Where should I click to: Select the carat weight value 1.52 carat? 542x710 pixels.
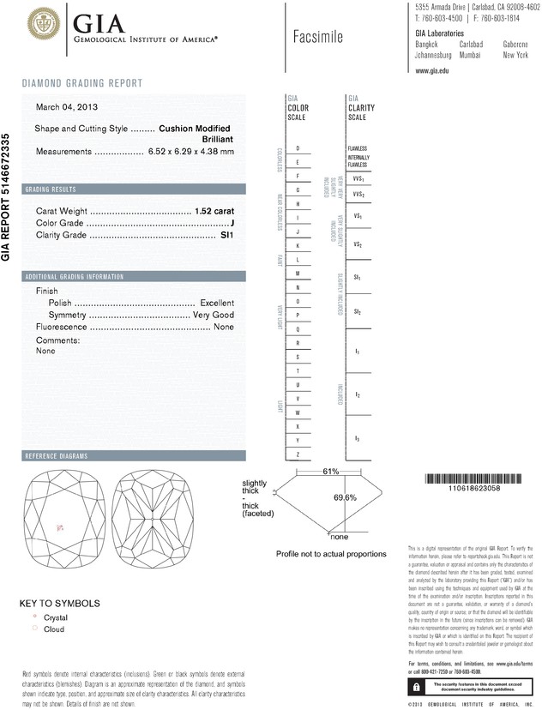[x=214, y=210]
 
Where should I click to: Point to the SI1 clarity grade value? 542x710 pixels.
[x=226, y=234]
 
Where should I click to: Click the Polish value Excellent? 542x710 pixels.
[x=217, y=303]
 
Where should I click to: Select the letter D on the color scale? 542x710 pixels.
[x=297, y=148]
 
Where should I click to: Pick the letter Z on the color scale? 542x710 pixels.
[x=297, y=454]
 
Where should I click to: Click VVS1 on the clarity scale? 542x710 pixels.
[x=358, y=178]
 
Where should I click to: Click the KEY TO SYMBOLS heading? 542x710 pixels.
[x=59, y=603]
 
